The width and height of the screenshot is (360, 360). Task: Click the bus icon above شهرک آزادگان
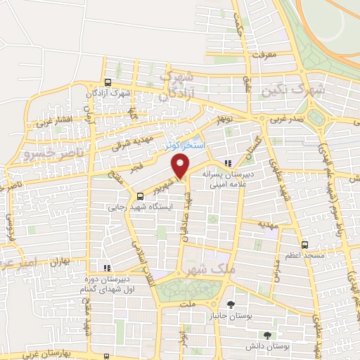(106, 82)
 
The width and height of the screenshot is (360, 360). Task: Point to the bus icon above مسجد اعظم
(304, 245)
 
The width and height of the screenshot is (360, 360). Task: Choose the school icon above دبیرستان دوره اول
(106, 267)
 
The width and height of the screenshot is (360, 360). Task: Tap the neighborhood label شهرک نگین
(291, 90)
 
